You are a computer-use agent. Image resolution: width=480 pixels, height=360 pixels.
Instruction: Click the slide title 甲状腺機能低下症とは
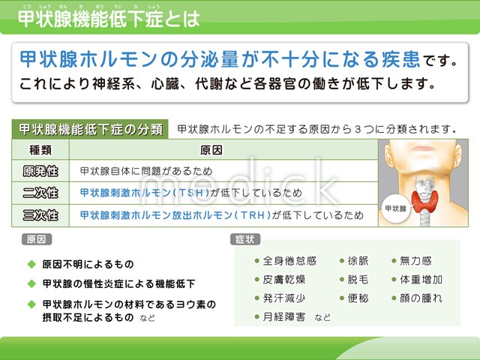[x=109, y=19]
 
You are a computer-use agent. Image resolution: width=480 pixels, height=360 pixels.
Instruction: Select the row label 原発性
[x=40, y=171]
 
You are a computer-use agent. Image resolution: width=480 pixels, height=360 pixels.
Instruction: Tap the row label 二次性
[x=40, y=193]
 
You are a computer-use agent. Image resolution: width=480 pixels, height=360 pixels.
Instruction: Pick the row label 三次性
[x=40, y=215]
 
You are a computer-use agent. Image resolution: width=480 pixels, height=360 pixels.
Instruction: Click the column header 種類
[x=40, y=150]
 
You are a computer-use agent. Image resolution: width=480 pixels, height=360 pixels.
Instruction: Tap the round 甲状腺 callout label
[x=396, y=208]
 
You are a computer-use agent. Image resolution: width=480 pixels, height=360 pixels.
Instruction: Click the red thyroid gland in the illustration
[x=424, y=201]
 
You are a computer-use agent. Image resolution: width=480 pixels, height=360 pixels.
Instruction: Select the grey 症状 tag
[x=245, y=239]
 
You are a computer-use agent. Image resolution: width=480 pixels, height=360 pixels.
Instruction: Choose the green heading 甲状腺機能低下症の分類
[x=90, y=130]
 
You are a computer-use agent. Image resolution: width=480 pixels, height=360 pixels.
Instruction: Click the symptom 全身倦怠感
[x=289, y=261]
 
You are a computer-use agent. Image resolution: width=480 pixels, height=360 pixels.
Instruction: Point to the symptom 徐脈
[x=358, y=261]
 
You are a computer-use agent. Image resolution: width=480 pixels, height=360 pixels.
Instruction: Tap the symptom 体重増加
[x=421, y=280]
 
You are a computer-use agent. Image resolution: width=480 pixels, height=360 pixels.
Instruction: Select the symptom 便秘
[x=358, y=298]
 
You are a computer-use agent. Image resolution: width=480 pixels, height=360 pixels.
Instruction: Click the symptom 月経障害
[x=284, y=316]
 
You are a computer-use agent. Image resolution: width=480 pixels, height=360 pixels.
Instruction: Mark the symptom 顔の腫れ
[x=421, y=298]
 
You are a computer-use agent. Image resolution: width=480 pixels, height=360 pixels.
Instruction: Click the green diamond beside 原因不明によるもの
[x=31, y=264]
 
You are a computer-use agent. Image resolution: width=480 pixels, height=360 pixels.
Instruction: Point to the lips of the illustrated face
[x=423, y=148]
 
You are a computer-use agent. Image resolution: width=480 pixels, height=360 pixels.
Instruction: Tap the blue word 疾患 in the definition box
[x=400, y=59]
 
